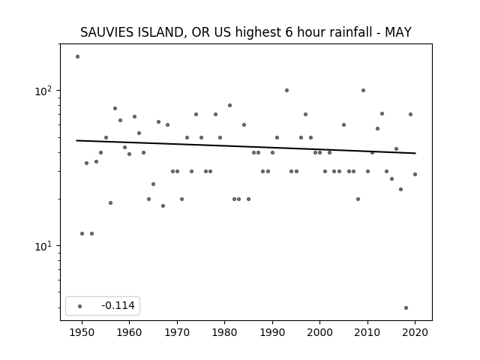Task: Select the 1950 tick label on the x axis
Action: click(82, 332)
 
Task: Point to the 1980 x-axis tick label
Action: click(225, 332)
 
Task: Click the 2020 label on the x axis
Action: click(415, 332)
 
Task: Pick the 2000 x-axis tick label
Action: click(320, 332)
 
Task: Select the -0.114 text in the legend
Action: click(118, 305)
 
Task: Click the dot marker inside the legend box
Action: click(80, 306)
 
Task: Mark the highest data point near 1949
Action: click(77, 57)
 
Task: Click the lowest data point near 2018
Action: click(406, 308)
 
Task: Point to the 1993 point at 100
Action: click(286, 90)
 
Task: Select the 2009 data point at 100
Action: click(363, 90)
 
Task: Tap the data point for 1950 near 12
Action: click(82, 233)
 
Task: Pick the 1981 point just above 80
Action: click(230, 105)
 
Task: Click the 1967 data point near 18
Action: click(163, 205)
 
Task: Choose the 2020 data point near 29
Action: click(415, 174)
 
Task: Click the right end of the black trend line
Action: click(415, 153)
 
